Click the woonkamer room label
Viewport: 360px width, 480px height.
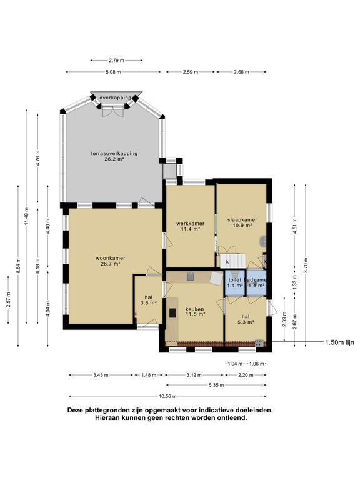pyautogui.click(x=111, y=261)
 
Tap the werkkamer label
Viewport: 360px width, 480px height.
pyautogui.click(x=190, y=226)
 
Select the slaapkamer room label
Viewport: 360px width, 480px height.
pyautogui.click(x=242, y=223)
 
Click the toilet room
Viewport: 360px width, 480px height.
pyautogui.click(x=234, y=282)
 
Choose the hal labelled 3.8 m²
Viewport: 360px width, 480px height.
pyautogui.click(x=148, y=300)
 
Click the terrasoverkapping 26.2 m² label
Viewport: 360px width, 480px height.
pyautogui.click(x=114, y=156)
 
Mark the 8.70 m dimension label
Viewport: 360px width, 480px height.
pyautogui.click(x=306, y=262)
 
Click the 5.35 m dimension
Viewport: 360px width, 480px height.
pyautogui.click(x=217, y=385)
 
